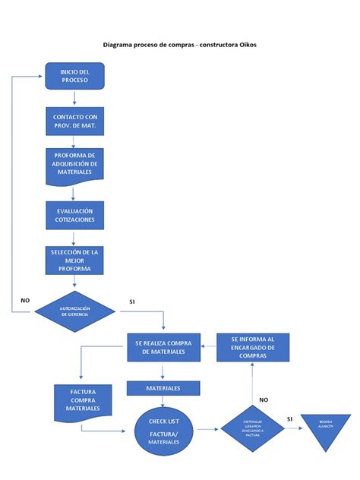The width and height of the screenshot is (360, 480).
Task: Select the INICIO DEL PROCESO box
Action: point(74,76)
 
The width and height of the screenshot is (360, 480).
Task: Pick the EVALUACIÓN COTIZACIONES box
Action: point(74,215)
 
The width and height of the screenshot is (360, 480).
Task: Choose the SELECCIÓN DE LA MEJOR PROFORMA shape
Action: point(74,260)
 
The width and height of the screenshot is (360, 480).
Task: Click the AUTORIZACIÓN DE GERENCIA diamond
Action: point(74,311)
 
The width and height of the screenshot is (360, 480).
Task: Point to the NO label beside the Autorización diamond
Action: point(24,301)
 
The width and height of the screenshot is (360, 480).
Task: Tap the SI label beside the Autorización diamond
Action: point(131,302)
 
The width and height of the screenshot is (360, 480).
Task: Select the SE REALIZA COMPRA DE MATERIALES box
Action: point(163,347)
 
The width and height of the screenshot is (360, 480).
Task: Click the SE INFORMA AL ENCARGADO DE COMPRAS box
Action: point(252,347)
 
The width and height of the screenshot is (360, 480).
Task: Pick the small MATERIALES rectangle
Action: point(163,388)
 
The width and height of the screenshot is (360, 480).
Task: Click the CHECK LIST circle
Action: point(163,430)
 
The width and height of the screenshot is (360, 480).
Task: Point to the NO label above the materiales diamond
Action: point(263,399)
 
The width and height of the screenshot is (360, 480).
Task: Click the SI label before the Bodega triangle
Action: point(289,418)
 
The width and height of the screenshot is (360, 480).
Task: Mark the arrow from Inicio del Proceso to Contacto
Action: point(74,97)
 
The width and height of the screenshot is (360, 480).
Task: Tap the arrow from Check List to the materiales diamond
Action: point(207,430)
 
